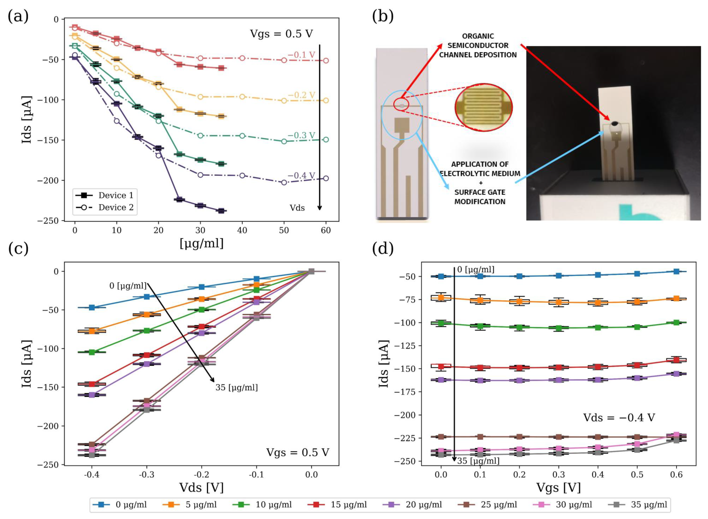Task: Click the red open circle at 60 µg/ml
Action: [x=326, y=61]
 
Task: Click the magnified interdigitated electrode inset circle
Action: [x=483, y=107]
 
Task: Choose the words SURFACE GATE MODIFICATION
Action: [x=480, y=197]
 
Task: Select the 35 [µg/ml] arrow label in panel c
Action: [x=236, y=388]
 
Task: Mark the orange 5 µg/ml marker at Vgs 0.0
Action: [x=441, y=298]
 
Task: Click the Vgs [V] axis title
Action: [x=558, y=488]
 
